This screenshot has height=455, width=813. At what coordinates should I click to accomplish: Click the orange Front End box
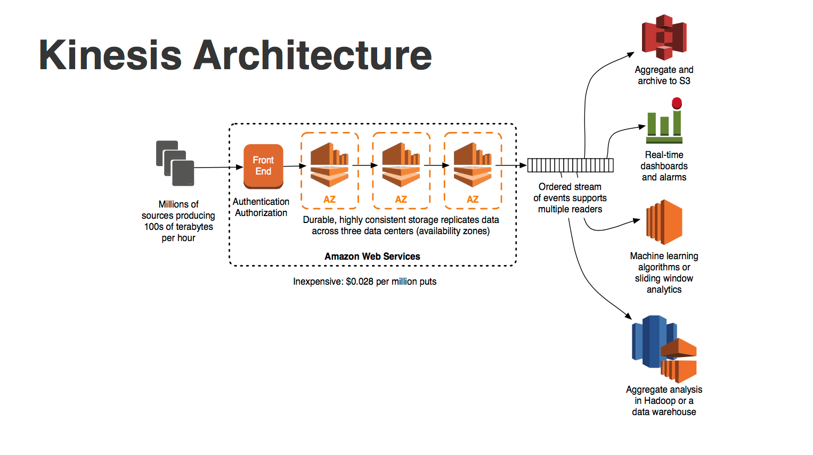(x=263, y=166)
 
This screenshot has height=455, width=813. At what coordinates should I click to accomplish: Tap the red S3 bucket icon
(x=664, y=37)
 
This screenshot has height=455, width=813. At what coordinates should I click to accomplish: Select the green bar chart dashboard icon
(x=664, y=127)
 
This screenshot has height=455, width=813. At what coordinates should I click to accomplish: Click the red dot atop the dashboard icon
(x=677, y=103)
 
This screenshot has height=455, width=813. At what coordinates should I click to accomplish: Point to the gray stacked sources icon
(x=175, y=163)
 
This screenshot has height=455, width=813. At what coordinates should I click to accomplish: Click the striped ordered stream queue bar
(x=570, y=166)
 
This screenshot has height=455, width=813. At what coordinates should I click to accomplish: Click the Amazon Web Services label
(x=372, y=257)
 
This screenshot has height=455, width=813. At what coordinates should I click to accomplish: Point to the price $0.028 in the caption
(x=360, y=282)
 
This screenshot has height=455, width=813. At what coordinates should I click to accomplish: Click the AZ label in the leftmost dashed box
(x=329, y=200)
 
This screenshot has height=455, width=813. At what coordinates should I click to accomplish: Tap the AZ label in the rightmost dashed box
(x=473, y=200)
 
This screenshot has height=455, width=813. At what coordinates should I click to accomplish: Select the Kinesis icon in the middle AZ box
(x=401, y=164)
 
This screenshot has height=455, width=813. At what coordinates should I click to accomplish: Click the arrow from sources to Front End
(x=218, y=167)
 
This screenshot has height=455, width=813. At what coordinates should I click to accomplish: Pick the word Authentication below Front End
(x=261, y=202)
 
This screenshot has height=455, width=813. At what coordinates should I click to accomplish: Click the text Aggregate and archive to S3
(x=664, y=75)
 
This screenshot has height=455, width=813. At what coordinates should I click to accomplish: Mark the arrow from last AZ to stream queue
(x=511, y=166)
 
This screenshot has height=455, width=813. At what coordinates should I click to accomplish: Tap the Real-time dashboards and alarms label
(x=664, y=166)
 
